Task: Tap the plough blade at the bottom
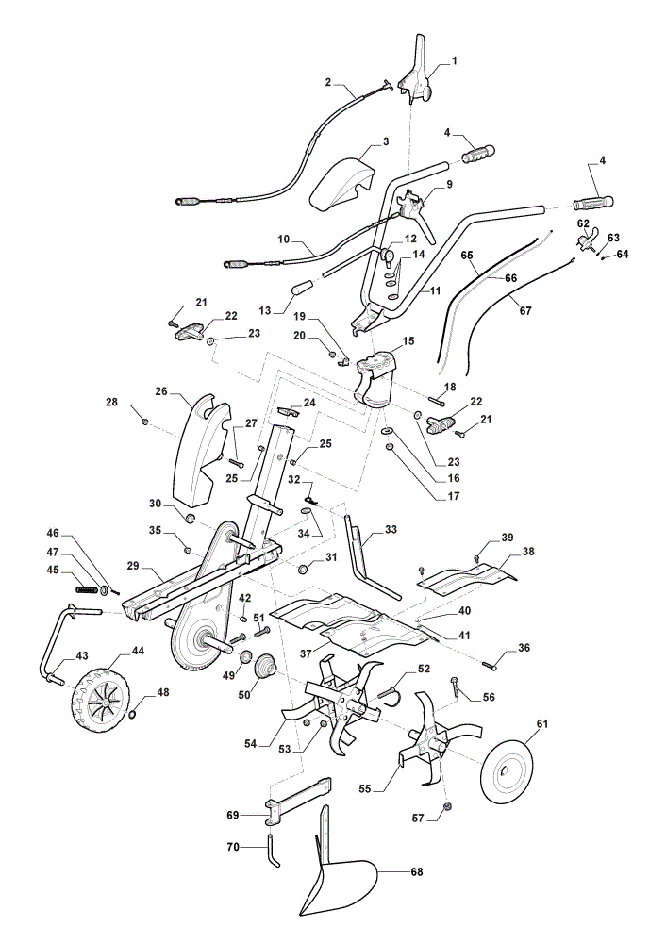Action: click(337, 878)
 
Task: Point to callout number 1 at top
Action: click(455, 60)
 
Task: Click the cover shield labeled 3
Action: click(344, 180)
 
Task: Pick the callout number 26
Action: click(160, 391)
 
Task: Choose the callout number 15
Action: click(408, 341)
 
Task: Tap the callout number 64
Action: click(622, 255)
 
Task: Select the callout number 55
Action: click(364, 788)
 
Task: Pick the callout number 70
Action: click(232, 847)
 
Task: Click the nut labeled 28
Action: click(144, 422)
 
